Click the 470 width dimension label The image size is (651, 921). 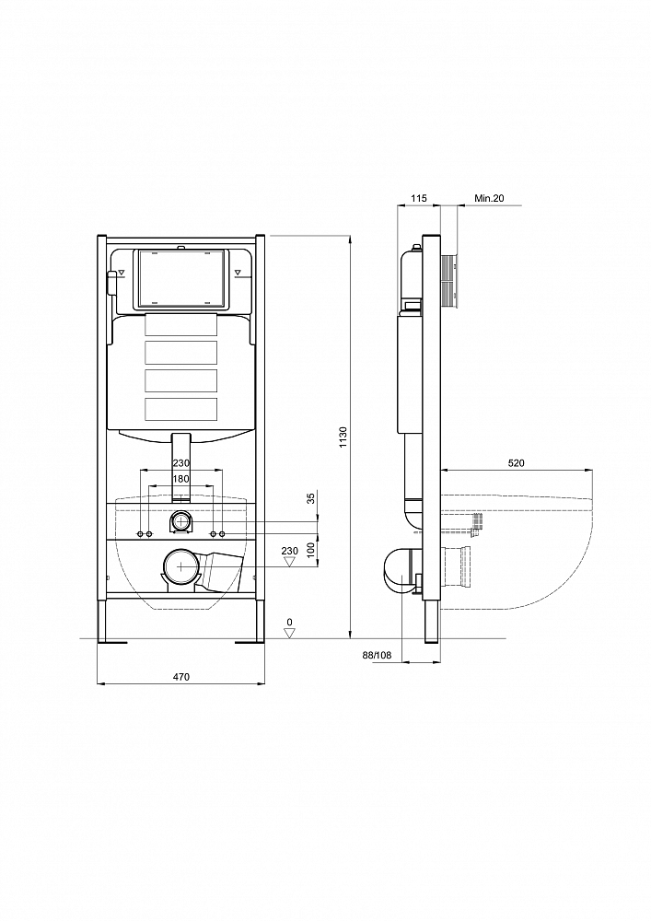coord(181,677)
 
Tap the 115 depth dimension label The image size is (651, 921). coord(419,199)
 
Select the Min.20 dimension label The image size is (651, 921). coord(489,199)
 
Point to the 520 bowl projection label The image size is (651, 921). coord(516,463)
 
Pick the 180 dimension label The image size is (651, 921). coord(181,479)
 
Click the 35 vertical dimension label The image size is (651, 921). coord(311,498)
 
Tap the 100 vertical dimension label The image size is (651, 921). coord(311,550)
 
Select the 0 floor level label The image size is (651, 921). coord(289,622)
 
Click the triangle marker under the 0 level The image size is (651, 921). coord(289,633)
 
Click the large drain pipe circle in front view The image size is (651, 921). coord(182,566)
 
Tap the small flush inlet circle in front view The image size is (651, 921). coord(181,521)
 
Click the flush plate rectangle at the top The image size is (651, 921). coord(180,279)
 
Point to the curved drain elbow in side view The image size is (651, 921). coord(400,572)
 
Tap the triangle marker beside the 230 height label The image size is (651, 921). coord(289,562)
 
